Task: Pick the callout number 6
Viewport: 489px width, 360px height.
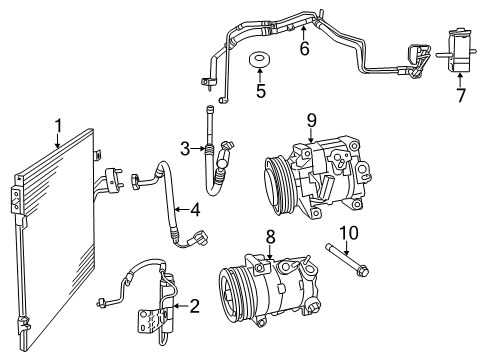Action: pos(304,48)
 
